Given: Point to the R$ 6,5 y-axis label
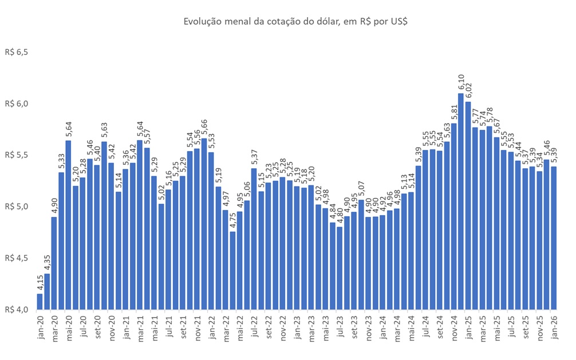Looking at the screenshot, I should click(x=17, y=52).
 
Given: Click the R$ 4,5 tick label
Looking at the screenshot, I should click(x=17, y=258).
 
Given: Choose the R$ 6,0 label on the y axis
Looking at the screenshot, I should click(x=17, y=104).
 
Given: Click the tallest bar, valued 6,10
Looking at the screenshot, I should click(x=461, y=200).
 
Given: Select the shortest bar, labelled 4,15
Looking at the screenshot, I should click(x=40, y=301).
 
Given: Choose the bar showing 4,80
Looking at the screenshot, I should click(x=340, y=268).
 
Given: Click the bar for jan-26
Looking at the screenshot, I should click(x=554, y=238).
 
